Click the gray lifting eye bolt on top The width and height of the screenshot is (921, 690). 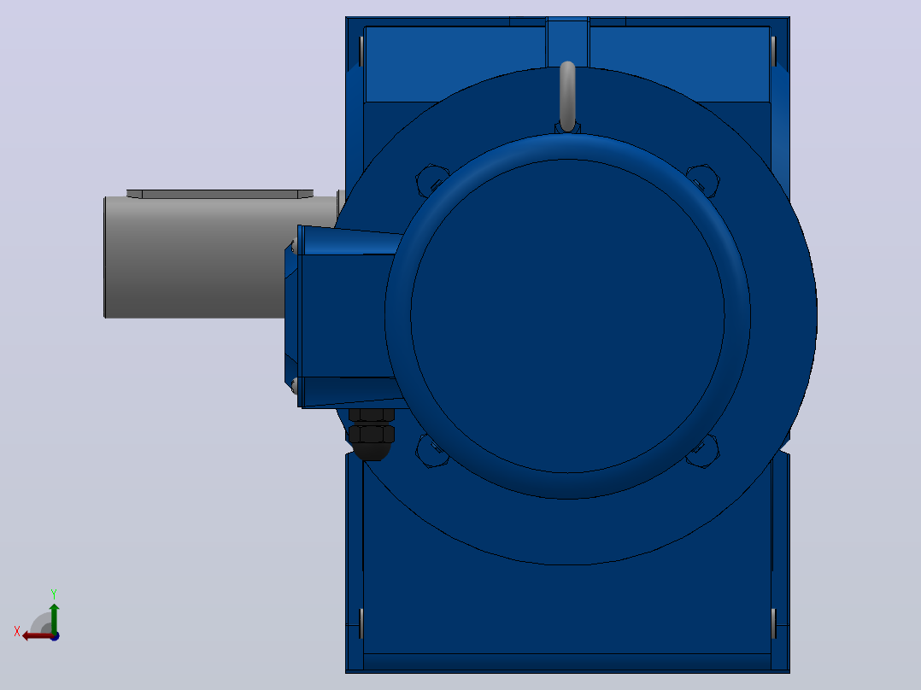567,96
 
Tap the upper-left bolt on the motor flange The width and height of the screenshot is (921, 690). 432,180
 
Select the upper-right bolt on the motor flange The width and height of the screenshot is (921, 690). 702,180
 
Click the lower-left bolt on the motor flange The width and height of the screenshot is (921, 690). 432,450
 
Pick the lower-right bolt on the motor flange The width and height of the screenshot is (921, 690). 702,450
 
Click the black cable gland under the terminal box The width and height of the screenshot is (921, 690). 371,435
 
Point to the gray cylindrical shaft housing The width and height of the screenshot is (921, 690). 195,257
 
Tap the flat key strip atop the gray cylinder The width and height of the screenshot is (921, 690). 220,194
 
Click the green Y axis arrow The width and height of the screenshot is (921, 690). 54,617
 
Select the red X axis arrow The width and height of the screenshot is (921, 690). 38,635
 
